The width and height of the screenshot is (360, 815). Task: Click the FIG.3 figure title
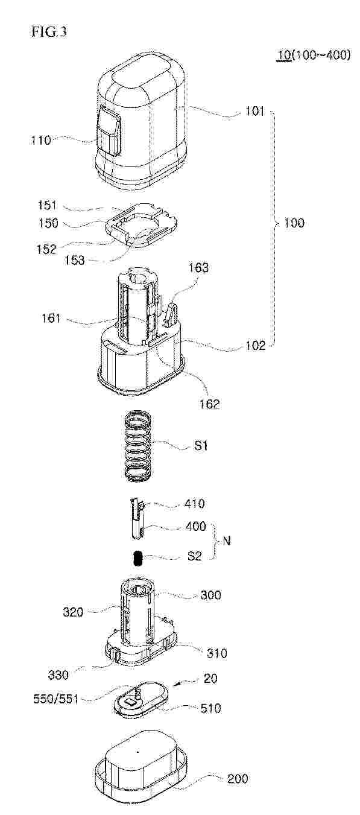(x=49, y=32)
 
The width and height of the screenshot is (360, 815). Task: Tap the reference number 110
(x=41, y=140)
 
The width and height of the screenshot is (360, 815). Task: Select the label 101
(x=255, y=110)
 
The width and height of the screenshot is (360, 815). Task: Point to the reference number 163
(x=198, y=268)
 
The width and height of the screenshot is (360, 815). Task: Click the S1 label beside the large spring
(x=200, y=445)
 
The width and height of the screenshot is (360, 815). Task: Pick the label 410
(x=195, y=504)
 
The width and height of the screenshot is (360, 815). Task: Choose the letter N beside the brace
(x=227, y=541)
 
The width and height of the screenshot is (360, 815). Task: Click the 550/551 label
(x=55, y=699)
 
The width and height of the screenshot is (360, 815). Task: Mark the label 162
(x=210, y=404)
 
